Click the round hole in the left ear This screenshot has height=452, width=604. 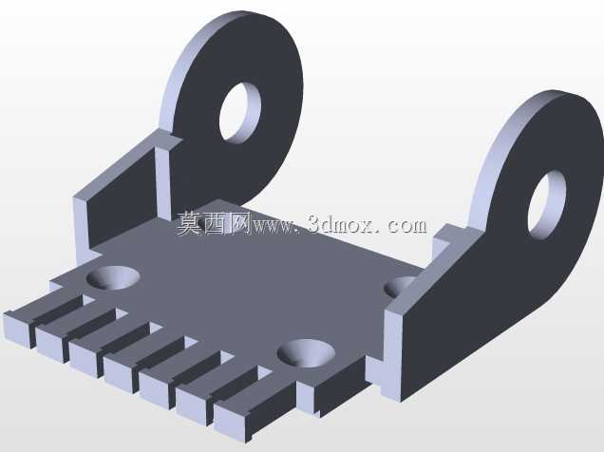[239, 112]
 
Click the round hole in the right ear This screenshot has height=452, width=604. [547, 205]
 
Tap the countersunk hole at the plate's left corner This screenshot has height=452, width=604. [113, 277]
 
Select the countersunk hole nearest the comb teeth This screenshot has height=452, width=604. [306, 353]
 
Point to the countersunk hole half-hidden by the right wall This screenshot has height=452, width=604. [399, 287]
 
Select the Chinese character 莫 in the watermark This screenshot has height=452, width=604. [190, 223]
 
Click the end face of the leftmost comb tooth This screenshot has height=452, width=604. [17, 330]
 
